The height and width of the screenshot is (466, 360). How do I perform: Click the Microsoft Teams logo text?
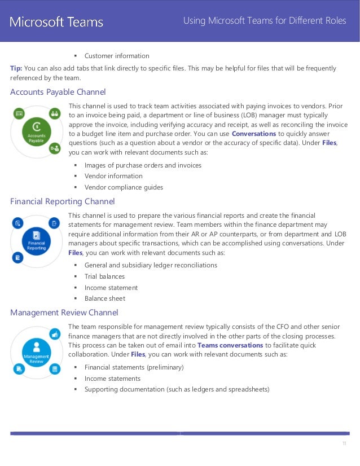point(56,23)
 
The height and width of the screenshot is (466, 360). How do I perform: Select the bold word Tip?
point(16,68)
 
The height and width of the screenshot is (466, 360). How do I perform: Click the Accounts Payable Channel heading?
point(58,92)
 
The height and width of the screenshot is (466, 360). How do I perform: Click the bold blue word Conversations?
point(254,134)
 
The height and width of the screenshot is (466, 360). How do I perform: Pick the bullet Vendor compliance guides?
point(124,187)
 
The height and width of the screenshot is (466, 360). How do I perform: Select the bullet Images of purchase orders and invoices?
point(143,165)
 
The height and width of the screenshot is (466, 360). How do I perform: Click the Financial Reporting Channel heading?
point(63,201)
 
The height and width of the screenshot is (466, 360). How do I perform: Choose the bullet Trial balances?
point(104,276)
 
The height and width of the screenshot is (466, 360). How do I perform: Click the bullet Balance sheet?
point(104,298)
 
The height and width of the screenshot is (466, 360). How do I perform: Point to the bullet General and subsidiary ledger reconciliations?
point(151,265)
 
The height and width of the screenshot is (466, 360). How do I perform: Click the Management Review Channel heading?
point(64,313)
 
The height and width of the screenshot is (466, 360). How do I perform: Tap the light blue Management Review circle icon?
point(37,351)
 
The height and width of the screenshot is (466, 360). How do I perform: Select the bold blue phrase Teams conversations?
point(230,345)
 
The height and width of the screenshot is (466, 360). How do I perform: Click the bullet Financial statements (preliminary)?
point(134,367)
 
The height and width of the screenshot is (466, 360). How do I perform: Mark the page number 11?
point(344,444)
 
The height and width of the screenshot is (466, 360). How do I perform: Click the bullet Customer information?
point(117,56)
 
